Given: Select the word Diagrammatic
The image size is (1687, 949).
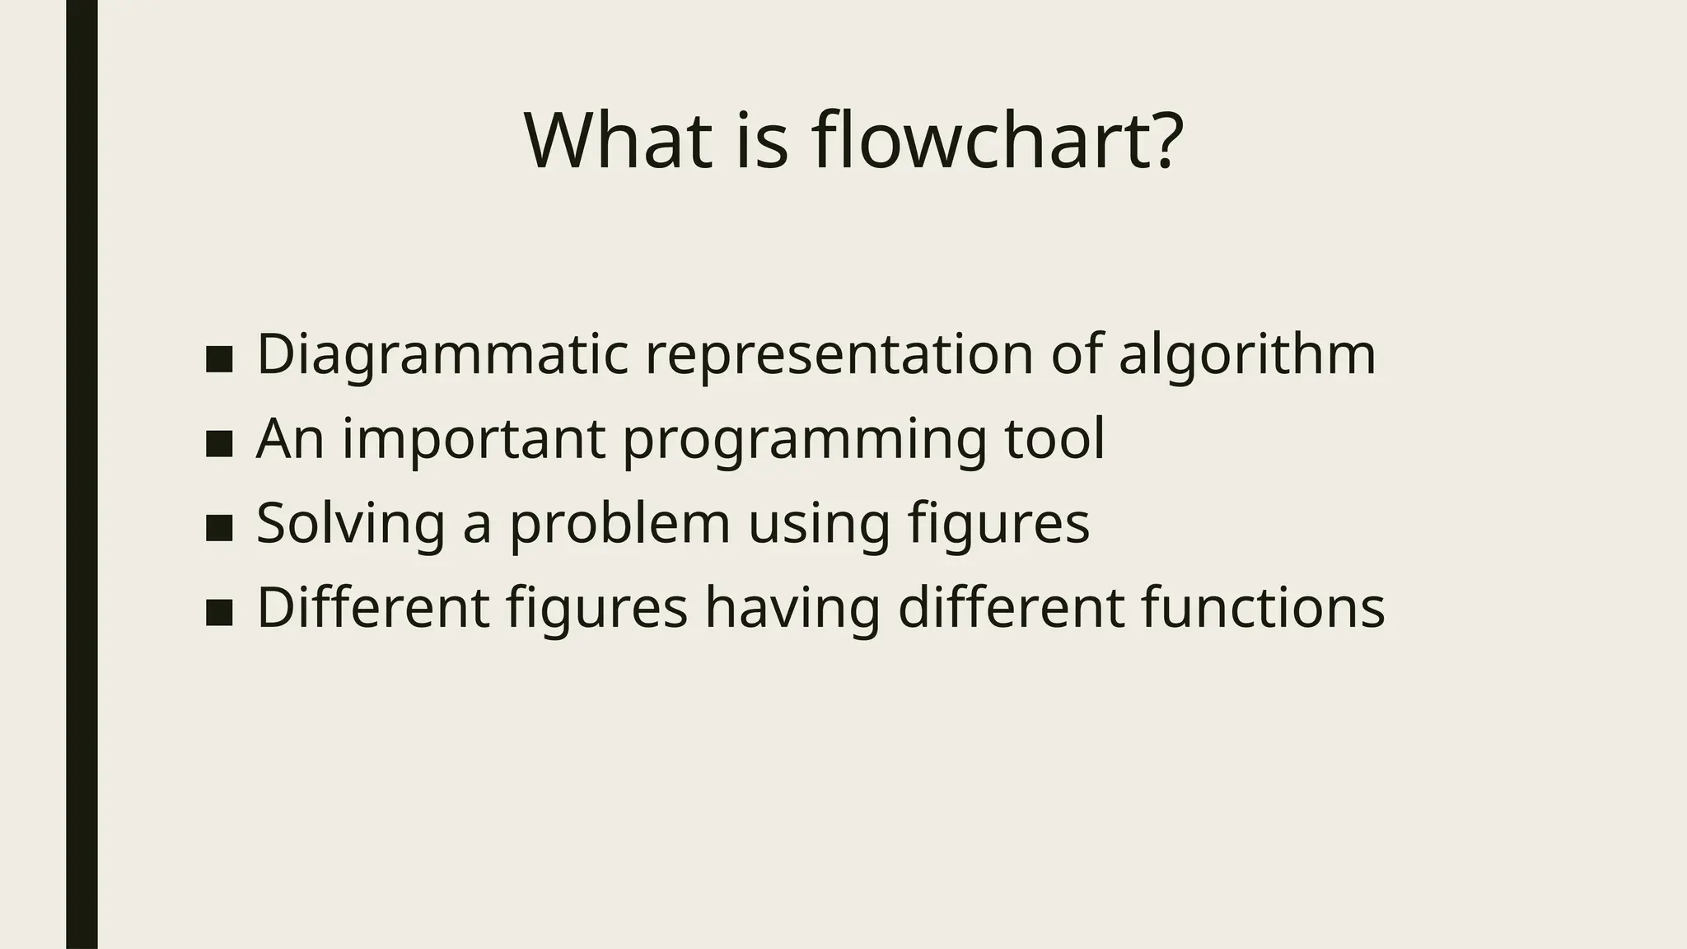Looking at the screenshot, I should point(442,354).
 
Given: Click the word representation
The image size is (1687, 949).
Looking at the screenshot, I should point(839,354).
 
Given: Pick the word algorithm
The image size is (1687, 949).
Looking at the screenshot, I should point(1246,354).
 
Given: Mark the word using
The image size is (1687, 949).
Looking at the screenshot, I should point(819,525).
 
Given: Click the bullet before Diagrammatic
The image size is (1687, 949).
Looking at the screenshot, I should point(219,359).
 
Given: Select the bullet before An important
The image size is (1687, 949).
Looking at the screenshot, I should point(219,444).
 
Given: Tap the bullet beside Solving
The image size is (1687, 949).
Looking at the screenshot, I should point(219,528).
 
